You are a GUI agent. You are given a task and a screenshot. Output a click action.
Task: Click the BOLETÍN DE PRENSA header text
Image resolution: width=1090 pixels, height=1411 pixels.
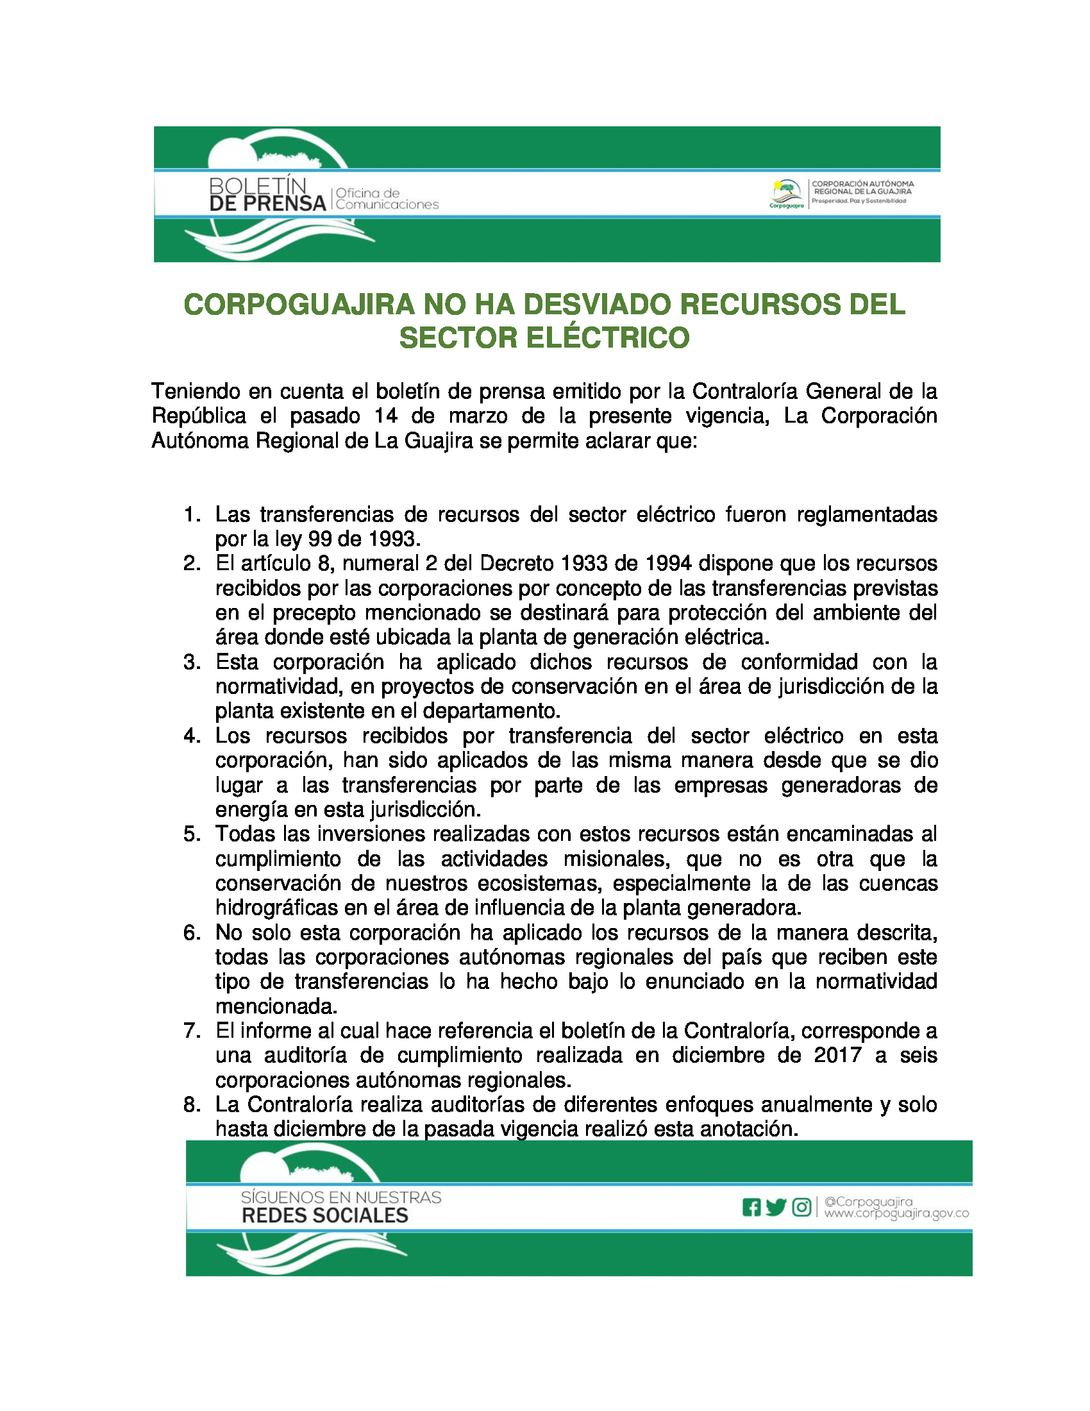tap(267, 195)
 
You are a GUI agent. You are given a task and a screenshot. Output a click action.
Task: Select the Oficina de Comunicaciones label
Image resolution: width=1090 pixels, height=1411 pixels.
tap(386, 199)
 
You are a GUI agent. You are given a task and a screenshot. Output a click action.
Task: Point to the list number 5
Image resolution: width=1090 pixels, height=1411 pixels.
tap(192, 834)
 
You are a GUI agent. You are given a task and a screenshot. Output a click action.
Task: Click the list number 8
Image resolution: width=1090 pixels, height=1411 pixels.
tap(192, 1105)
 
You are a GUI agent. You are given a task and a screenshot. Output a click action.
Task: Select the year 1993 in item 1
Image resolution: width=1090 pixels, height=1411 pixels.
tap(393, 539)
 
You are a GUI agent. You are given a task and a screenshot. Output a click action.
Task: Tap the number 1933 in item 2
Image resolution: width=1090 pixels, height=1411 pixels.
tap(584, 563)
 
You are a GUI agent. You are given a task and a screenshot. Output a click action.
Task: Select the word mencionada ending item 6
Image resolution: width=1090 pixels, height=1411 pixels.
tap(276, 1006)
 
